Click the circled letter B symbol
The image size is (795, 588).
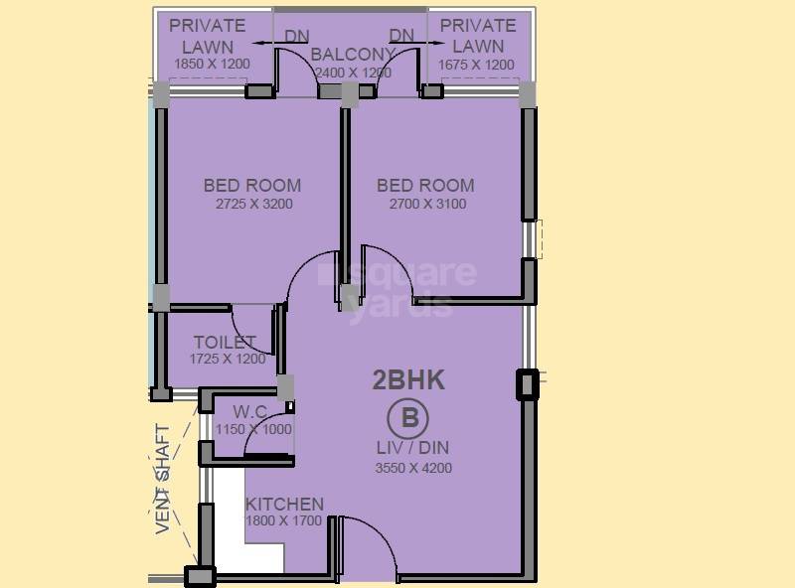pos(408,416)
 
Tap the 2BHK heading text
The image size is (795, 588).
pos(408,379)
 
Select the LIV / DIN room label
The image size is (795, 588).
pos(408,448)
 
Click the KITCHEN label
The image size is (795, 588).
pos(284,504)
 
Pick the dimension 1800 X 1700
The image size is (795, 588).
pos(284,520)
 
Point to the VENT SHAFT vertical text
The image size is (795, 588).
pos(163,480)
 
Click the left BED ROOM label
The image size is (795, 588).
pos(252,185)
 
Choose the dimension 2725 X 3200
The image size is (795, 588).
pos(253,205)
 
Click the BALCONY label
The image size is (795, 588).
pos(353,54)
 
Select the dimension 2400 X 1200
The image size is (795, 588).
pos(353,73)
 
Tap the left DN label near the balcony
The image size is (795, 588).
pos(296,36)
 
